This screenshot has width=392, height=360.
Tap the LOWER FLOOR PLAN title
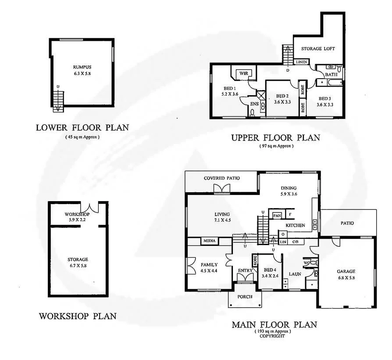click(82, 128)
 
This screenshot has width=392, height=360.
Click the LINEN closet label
click(301, 62)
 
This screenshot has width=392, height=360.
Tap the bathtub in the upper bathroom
click(329, 83)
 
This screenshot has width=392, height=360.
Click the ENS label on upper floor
click(254, 104)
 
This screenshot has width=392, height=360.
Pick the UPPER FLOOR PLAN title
click(275, 138)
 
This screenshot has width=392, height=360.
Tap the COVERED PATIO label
click(221, 178)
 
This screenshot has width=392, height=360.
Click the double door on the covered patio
click(221, 188)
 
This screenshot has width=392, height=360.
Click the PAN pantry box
click(277, 215)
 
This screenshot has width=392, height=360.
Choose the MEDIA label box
click(209, 241)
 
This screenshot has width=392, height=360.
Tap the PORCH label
click(245, 296)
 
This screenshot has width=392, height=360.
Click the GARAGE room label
click(346, 271)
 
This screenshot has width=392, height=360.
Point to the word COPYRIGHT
click(272, 336)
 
